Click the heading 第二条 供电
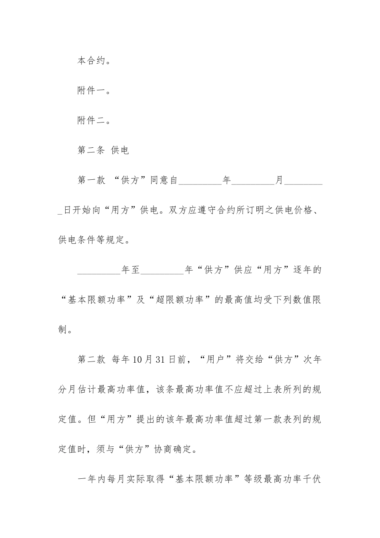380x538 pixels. click(103, 151)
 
